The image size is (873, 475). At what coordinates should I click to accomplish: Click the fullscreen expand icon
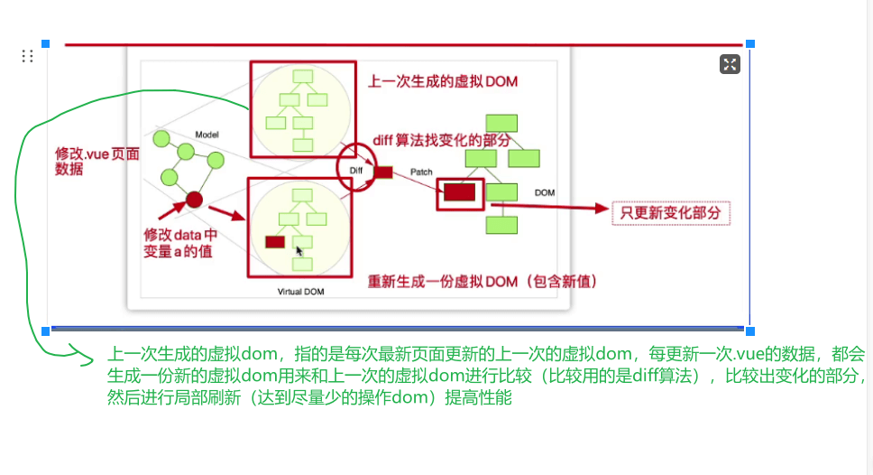[730, 63]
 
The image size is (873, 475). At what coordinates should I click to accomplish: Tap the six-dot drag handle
[27, 56]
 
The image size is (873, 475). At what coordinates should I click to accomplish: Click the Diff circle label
[355, 169]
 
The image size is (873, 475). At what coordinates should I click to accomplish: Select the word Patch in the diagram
[421, 172]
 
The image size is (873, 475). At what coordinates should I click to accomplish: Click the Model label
[207, 135]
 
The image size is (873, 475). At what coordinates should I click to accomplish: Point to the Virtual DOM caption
[301, 292]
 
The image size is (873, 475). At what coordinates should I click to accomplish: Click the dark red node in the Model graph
[194, 200]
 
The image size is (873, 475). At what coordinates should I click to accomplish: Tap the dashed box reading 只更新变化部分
[671, 213]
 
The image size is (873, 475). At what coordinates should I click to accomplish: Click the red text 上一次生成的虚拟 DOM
[442, 82]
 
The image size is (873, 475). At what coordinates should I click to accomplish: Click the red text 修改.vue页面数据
[97, 161]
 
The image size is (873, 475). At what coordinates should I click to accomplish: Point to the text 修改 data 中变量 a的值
[180, 243]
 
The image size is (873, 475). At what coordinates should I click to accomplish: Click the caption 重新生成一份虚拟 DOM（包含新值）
[482, 282]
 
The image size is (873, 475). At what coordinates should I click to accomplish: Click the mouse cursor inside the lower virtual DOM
[299, 250]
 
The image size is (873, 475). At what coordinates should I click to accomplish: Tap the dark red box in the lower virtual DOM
[275, 241]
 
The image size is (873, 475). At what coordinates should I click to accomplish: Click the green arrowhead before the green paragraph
[87, 361]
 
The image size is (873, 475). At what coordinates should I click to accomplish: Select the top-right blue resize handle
[749, 43]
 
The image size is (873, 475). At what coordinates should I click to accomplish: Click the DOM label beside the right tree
[545, 193]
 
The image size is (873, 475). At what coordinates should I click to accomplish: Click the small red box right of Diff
[383, 172]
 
